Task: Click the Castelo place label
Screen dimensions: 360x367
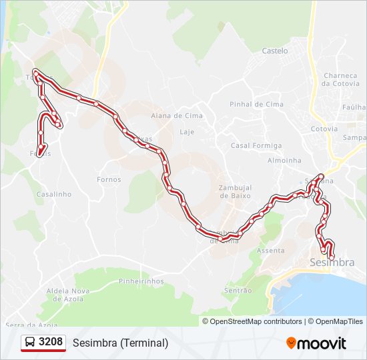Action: [275, 51]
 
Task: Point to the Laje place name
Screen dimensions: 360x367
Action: [187, 132]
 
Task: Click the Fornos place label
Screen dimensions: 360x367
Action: [109, 179]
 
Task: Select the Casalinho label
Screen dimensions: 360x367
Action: [53, 194]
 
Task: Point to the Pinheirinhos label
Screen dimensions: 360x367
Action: [141, 281]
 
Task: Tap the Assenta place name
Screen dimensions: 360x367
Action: [271, 251]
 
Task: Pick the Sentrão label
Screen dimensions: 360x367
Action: [238, 291]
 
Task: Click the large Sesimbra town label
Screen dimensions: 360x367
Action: [332, 263]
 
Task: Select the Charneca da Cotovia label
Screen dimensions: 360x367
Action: [340, 79]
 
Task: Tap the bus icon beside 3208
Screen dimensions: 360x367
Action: [31, 343]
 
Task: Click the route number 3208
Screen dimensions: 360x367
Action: [51, 343]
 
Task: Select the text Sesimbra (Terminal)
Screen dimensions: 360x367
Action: [120, 343]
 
